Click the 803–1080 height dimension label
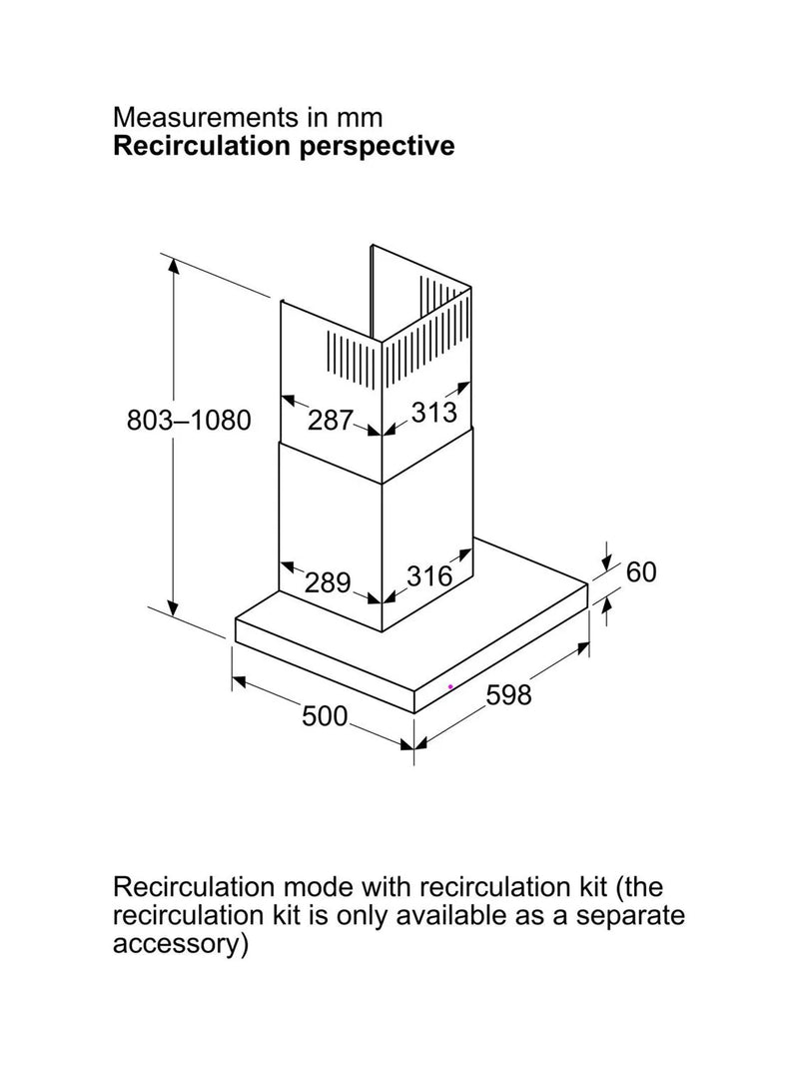pos(189,421)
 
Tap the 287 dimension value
pos(331,421)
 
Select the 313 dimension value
pos(434,412)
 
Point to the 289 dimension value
pos(328,582)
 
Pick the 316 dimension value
pos(430,576)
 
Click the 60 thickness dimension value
pos(641,572)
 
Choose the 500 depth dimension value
pos(325,716)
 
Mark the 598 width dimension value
pos(509,694)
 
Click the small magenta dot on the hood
pos(450,686)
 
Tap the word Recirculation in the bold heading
pos(202,146)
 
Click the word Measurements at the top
pos(207,118)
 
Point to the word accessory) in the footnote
pos(180,945)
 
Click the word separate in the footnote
pos(630,916)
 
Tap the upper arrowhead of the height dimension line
pos(175,267)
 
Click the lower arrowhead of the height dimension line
pos(175,607)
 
